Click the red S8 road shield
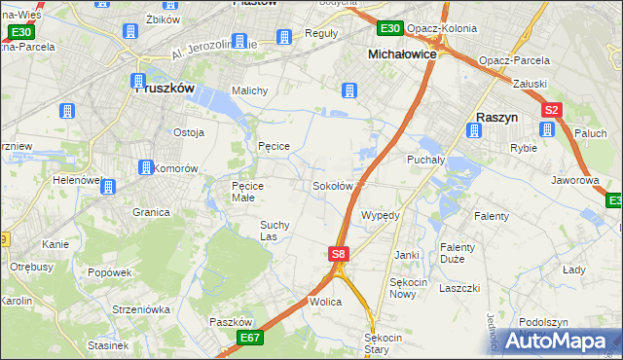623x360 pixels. (338, 254)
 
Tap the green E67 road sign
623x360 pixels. (249, 337)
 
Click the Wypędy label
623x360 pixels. (381, 215)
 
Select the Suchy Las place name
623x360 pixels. (274, 230)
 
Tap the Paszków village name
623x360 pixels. (231, 322)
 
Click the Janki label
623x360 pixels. (406, 255)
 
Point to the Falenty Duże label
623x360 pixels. (457, 253)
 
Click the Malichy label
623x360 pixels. (249, 90)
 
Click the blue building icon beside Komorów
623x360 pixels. (146, 167)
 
